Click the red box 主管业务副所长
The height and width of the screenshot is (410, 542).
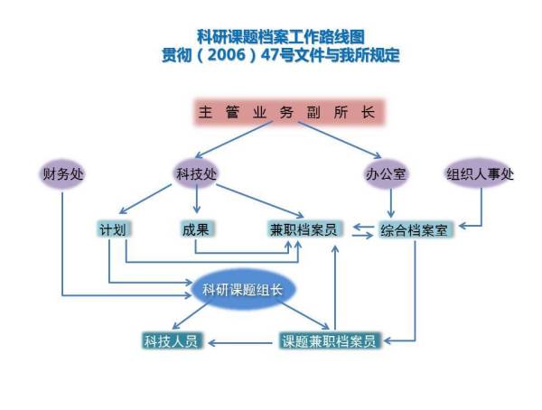coord(290,113)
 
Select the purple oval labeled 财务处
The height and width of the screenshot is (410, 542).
coord(62,173)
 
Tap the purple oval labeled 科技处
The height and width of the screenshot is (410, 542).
coord(197,173)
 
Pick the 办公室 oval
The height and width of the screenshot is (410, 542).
coord(386,173)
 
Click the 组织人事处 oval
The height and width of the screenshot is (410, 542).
coord(480,173)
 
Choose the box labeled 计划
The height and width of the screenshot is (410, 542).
coord(111,228)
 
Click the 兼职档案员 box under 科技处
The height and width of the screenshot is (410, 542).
coord(304,229)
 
